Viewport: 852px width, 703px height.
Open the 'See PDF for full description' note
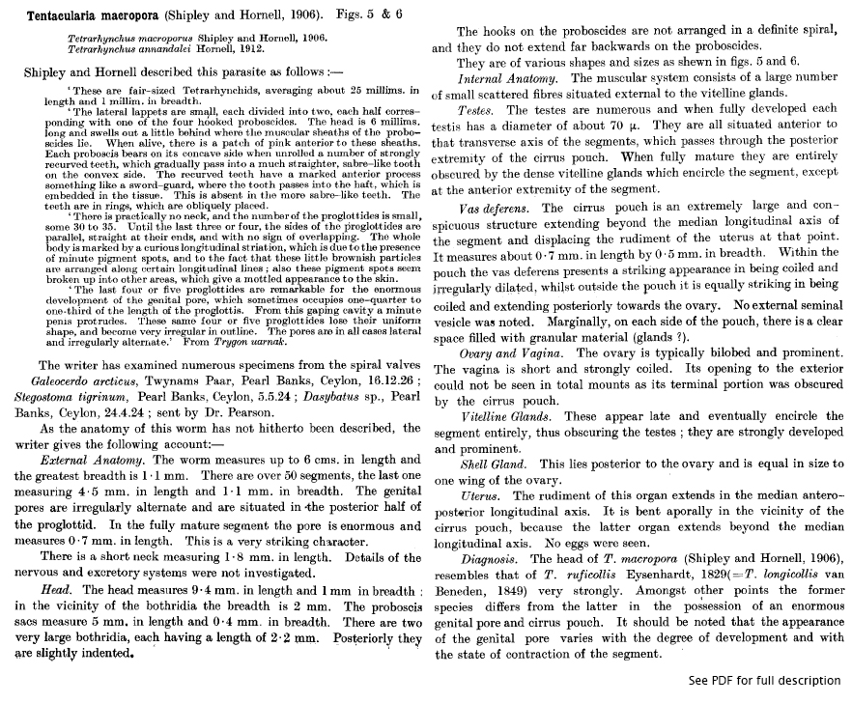(765, 680)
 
